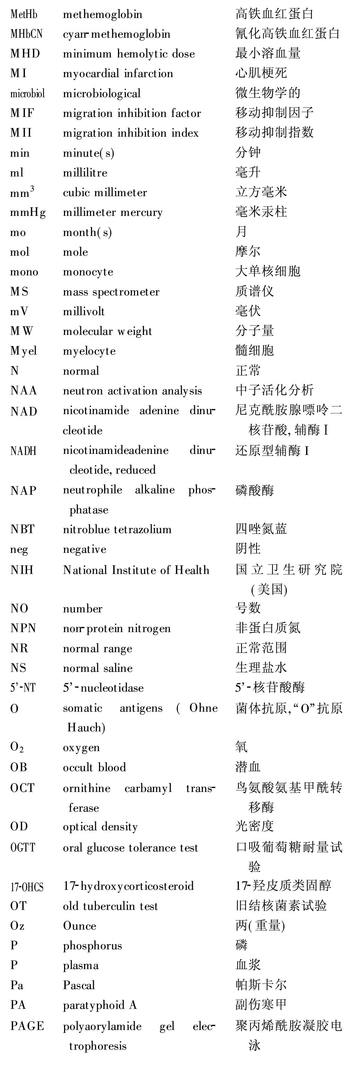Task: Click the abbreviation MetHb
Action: pyautogui.click(x=24, y=14)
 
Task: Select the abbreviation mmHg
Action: pyautogui.click(x=28, y=212)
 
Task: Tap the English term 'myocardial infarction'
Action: pyautogui.click(x=118, y=73)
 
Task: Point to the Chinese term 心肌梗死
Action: pyautogui.click(x=261, y=73)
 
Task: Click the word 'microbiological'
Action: pyautogui.click(x=102, y=93)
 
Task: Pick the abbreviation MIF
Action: pyautogui.click(x=22, y=113)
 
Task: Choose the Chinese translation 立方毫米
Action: pyautogui.click(x=261, y=192)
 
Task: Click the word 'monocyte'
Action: pyautogui.click(x=88, y=272)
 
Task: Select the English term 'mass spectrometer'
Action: pyautogui.click(x=111, y=292)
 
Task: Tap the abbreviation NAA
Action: pyautogui.click(x=24, y=390)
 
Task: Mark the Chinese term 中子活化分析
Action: pyautogui.click(x=274, y=390)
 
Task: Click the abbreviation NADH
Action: pyautogui.click(x=23, y=451)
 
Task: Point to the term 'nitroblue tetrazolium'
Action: pyautogui.click(x=117, y=529)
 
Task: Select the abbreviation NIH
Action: pyautogui.click(x=21, y=570)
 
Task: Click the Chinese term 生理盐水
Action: pyautogui.click(x=261, y=667)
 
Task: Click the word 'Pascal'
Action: pyautogui.click(x=79, y=985)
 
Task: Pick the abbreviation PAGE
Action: pyautogui.click(x=27, y=1026)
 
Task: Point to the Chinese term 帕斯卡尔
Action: pyautogui.click(x=261, y=985)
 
